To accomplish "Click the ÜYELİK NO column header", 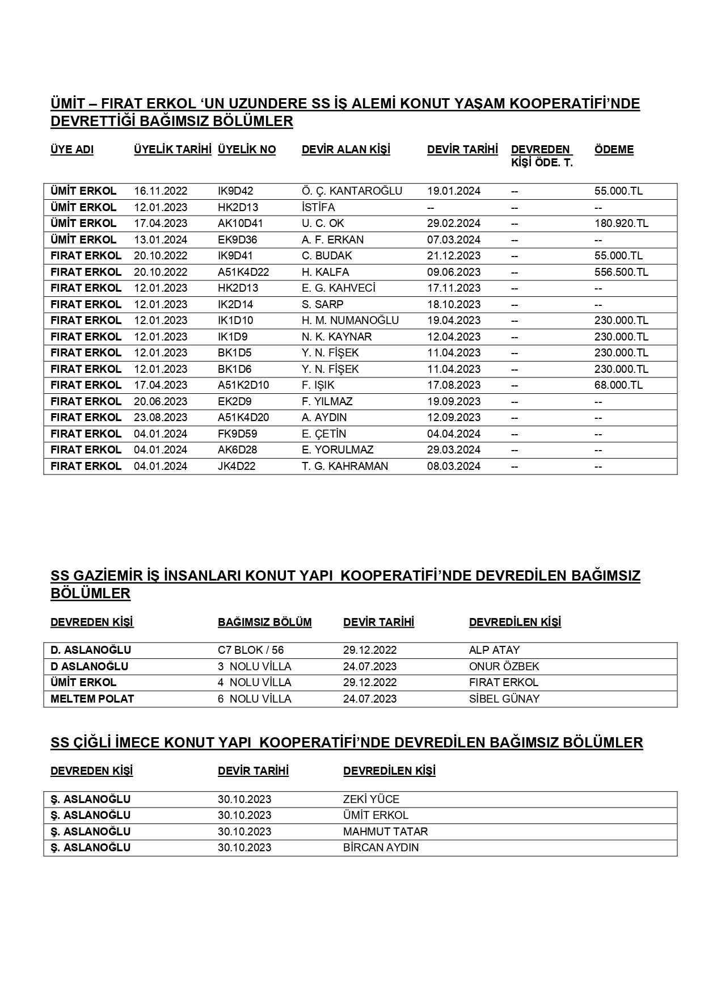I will point(247,150).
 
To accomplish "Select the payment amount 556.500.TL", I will point(621,272).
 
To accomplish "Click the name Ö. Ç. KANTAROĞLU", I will point(352,191).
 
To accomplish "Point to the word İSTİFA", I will point(318,207).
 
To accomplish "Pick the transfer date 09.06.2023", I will point(453,272).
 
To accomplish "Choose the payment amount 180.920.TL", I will point(621,224).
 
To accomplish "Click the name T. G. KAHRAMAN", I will point(345,466).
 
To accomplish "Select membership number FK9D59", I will point(234,434).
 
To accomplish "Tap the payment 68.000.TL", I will point(618,385).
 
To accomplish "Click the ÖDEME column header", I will point(614,150).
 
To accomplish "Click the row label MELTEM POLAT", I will point(92,699).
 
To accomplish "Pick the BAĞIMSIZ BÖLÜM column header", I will point(264,622).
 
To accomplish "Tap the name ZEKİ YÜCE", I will point(371,799).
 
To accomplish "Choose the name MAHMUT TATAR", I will point(385,831).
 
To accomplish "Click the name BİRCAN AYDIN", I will point(381,847).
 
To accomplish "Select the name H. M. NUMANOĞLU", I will point(350,321).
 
